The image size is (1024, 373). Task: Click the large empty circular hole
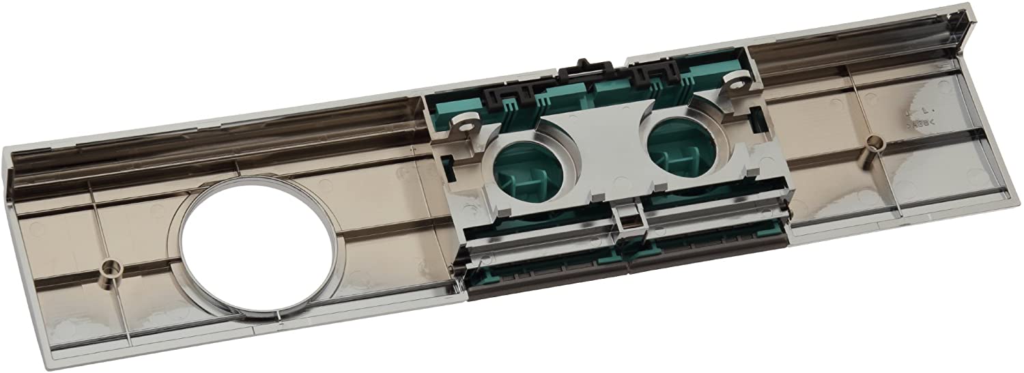coord(259,250)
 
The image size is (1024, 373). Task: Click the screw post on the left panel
coord(109,266)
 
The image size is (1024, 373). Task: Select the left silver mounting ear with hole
coord(468,124)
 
